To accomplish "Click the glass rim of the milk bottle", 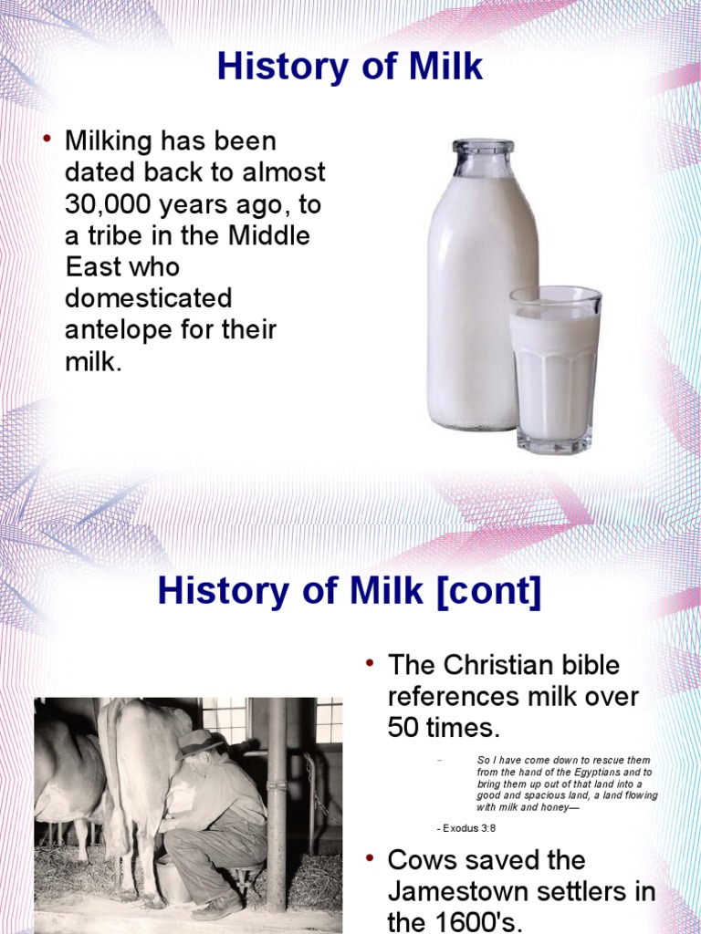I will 483,146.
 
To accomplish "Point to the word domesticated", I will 148,298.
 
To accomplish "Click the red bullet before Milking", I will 47,140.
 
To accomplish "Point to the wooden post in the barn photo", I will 276,803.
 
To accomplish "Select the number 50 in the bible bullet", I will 408,727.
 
